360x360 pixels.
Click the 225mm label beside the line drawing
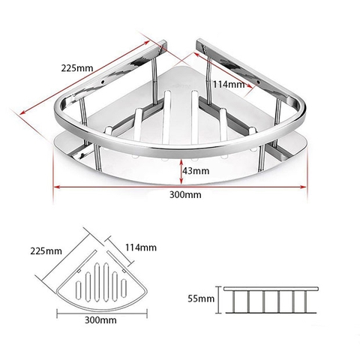pyautogui.click(x=46, y=250)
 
